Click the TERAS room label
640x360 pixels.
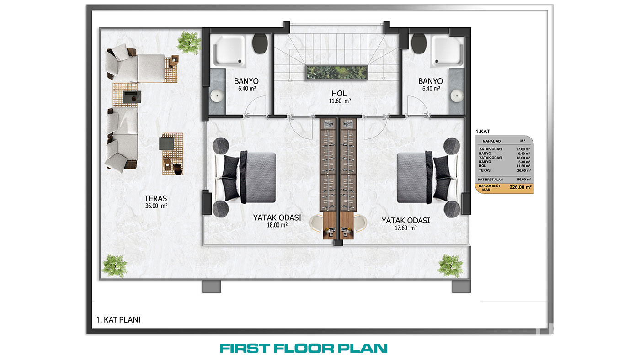click(155, 198)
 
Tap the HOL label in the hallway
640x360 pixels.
click(339, 93)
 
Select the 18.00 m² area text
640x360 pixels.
click(277, 225)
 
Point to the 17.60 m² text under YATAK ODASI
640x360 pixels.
click(406, 228)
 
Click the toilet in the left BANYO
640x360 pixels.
click(260, 43)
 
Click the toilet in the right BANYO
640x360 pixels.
click(419, 43)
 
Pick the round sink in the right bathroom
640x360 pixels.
click(457, 95)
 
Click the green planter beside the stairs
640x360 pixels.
click(336, 73)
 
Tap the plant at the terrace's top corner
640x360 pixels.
click(189, 43)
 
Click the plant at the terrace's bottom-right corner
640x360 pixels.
click(451, 266)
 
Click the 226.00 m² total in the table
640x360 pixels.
click(520, 187)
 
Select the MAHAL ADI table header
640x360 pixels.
click(492, 141)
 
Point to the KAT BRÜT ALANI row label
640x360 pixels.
click(491, 180)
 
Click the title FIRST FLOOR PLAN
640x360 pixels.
click(304, 348)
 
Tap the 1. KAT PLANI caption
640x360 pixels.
click(118, 320)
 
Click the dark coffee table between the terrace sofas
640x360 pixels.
click(132, 97)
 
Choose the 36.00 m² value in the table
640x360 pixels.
click(524, 170)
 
